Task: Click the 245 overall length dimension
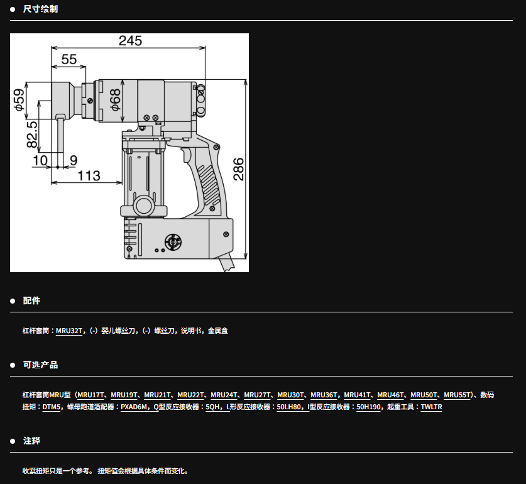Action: pyautogui.click(x=131, y=41)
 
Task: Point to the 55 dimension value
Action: pyautogui.click(x=69, y=60)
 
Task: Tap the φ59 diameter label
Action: pyautogui.click(x=19, y=99)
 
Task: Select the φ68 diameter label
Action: pyautogui.click(x=115, y=100)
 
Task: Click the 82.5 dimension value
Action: pyautogui.click(x=32, y=135)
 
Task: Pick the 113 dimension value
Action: pyautogui.click(x=89, y=175)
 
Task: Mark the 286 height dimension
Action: pyautogui.click(x=239, y=169)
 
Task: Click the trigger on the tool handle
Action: pyautogui.click(x=187, y=155)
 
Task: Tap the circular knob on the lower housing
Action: pyautogui.click(x=173, y=242)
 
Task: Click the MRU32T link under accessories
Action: pyautogui.click(x=69, y=331)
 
